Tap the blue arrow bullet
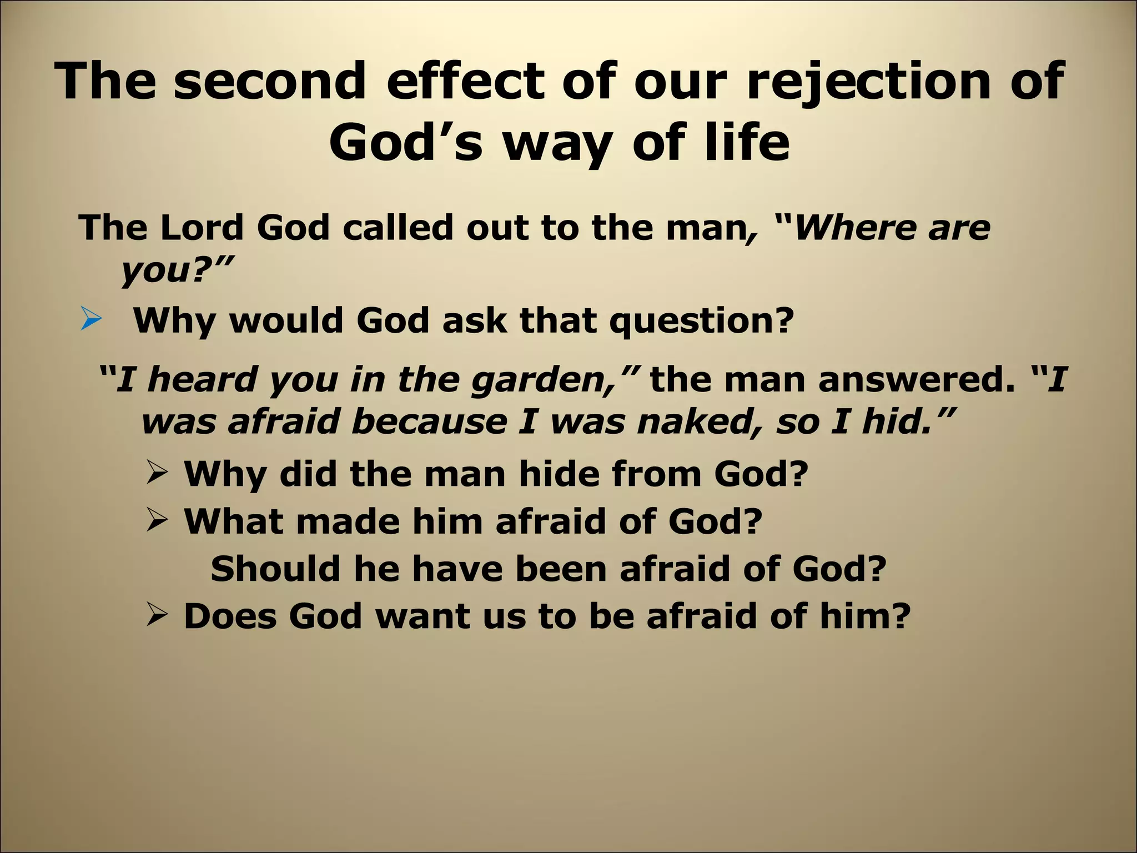click(x=90, y=321)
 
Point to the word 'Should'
click(x=275, y=569)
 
